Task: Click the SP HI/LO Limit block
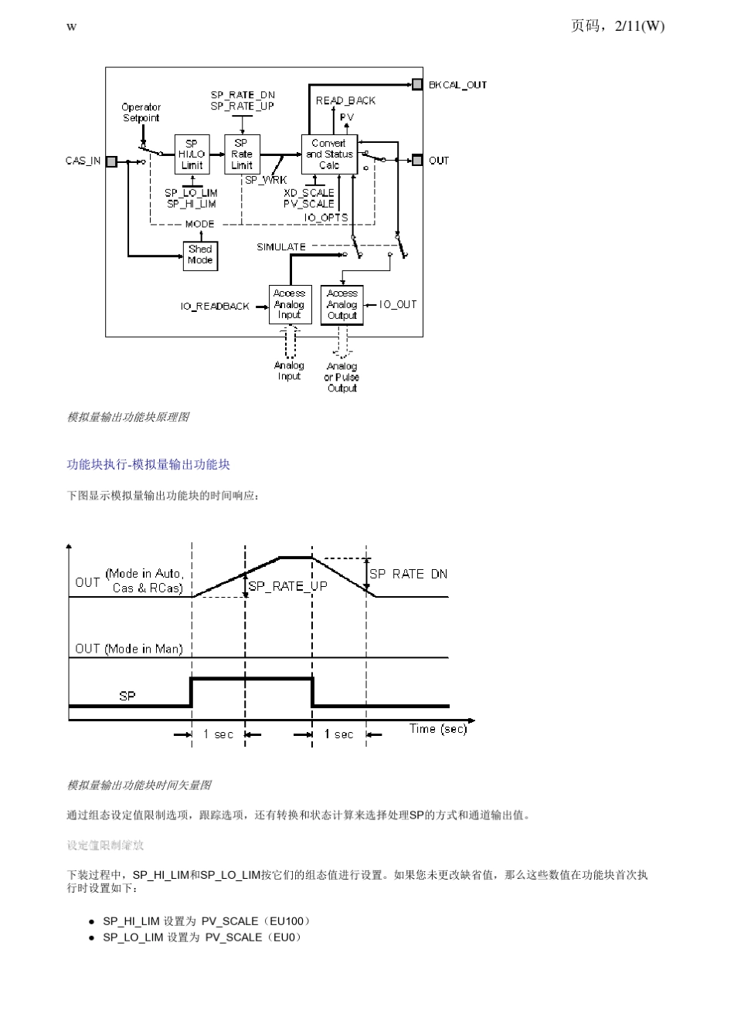pyautogui.click(x=192, y=154)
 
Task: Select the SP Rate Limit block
pyautogui.click(x=241, y=154)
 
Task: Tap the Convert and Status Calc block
pyautogui.click(x=329, y=154)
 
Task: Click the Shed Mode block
pyautogui.click(x=200, y=255)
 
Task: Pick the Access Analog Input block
pyautogui.click(x=290, y=304)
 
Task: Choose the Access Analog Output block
pyautogui.click(x=342, y=304)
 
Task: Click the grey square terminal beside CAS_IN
pyautogui.click(x=112, y=161)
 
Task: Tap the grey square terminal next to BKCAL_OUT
pyautogui.click(x=417, y=84)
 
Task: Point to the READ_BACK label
pyautogui.click(x=345, y=100)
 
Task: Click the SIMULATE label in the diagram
pyautogui.click(x=281, y=247)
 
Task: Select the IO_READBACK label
pyautogui.click(x=215, y=307)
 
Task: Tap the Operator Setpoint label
pyautogui.click(x=141, y=113)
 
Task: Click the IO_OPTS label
pyautogui.click(x=325, y=218)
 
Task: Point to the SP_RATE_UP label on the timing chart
pyautogui.click(x=287, y=586)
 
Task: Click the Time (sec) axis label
pyautogui.click(x=438, y=729)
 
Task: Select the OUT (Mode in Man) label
pyautogui.click(x=129, y=649)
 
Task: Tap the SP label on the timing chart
pyautogui.click(x=127, y=696)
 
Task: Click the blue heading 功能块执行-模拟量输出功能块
pyautogui.click(x=148, y=465)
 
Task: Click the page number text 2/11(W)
pyautogui.click(x=639, y=26)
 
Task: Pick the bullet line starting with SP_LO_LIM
pyautogui.click(x=201, y=937)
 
